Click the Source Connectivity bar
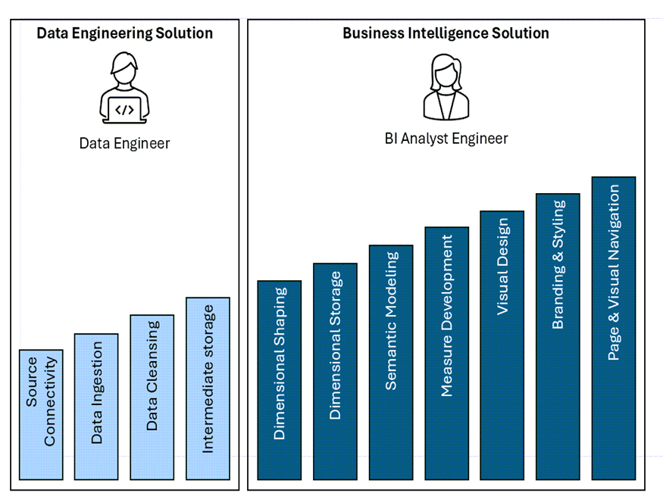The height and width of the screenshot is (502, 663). (x=41, y=415)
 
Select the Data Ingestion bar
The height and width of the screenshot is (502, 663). (x=96, y=407)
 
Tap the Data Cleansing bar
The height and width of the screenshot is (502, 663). (x=152, y=398)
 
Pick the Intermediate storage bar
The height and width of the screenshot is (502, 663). (x=208, y=388)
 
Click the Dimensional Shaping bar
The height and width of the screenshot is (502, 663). (x=279, y=380)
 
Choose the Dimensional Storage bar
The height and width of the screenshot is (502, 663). (x=335, y=371)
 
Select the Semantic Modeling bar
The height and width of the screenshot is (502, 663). (x=391, y=362)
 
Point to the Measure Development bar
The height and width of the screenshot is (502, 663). (x=446, y=353)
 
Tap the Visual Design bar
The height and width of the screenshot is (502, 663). (x=502, y=345)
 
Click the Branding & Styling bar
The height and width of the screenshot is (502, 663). (x=558, y=336)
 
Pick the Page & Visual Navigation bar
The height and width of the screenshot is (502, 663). (x=613, y=328)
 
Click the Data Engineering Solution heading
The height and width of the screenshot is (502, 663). (x=125, y=33)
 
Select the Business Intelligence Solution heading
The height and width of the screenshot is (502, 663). (x=446, y=33)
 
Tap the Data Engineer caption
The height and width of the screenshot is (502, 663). (x=124, y=143)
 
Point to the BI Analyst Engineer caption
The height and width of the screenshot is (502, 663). (x=446, y=139)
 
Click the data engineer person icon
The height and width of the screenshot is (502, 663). (x=124, y=88)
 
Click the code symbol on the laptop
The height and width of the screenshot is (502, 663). (x=124, y=110)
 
